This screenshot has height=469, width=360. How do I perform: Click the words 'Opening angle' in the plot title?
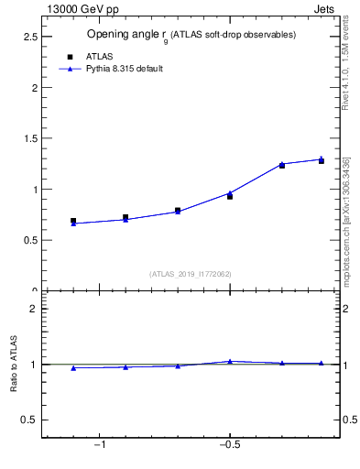coord(116,35)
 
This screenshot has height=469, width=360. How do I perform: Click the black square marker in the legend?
coord(70,56)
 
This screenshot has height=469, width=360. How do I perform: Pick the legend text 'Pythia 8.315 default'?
coord(124,69)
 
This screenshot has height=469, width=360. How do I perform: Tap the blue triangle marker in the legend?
coord(70,69)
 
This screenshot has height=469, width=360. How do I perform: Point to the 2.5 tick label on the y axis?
coord(29,37)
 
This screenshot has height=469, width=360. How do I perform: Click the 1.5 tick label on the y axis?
coord(29,138)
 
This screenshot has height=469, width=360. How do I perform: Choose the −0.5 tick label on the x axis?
coord(229,445)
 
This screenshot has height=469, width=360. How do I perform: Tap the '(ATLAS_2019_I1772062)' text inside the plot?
coord(191,274)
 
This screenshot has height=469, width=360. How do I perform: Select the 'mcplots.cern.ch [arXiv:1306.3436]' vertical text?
coord(345,220)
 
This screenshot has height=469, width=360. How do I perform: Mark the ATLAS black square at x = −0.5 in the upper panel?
coord(230,196)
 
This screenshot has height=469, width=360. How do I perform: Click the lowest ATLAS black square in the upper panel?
coord(73,221)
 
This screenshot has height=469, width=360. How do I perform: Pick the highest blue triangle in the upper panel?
coord(321,158)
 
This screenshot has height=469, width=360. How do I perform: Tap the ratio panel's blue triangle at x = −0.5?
coord(230,361)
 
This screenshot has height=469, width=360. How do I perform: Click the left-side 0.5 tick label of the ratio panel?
coord(29,420)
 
